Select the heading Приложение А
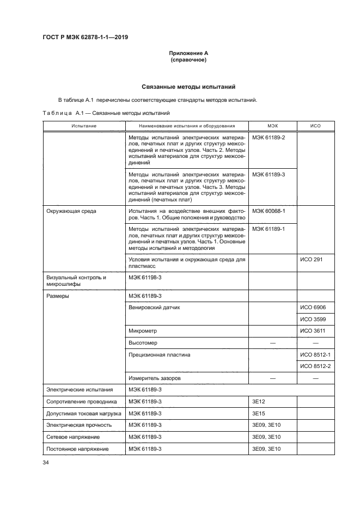click(188, 53)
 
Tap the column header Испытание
click(83, 126)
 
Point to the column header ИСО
click(315, 126)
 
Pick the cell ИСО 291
click(312, 259)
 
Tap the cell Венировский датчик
click(154, 308)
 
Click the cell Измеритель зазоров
click(155, 378)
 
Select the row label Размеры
click(57, 296)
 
